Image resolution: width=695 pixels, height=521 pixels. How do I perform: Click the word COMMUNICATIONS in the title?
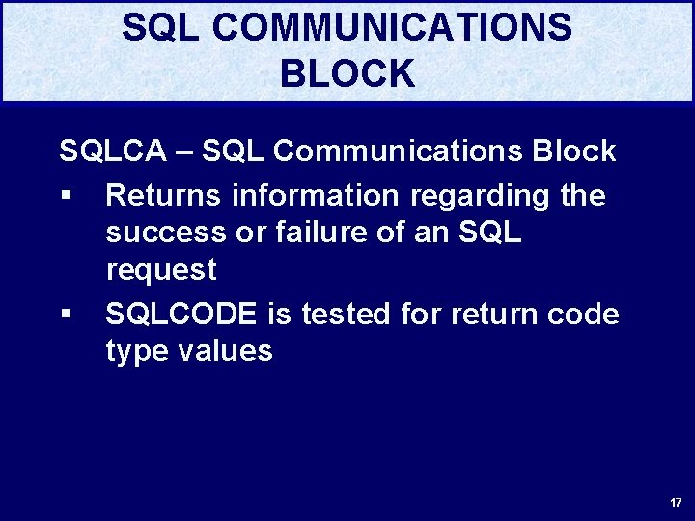coord(392,28)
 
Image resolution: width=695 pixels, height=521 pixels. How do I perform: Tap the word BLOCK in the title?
coord(347,74)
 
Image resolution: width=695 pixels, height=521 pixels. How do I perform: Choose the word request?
coord(161,271)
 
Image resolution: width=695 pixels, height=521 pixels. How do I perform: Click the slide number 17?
coord(675,503)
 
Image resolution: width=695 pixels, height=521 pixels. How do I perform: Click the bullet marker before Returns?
coord(66,197)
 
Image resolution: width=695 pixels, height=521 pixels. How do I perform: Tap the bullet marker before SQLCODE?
coord(66,315)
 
